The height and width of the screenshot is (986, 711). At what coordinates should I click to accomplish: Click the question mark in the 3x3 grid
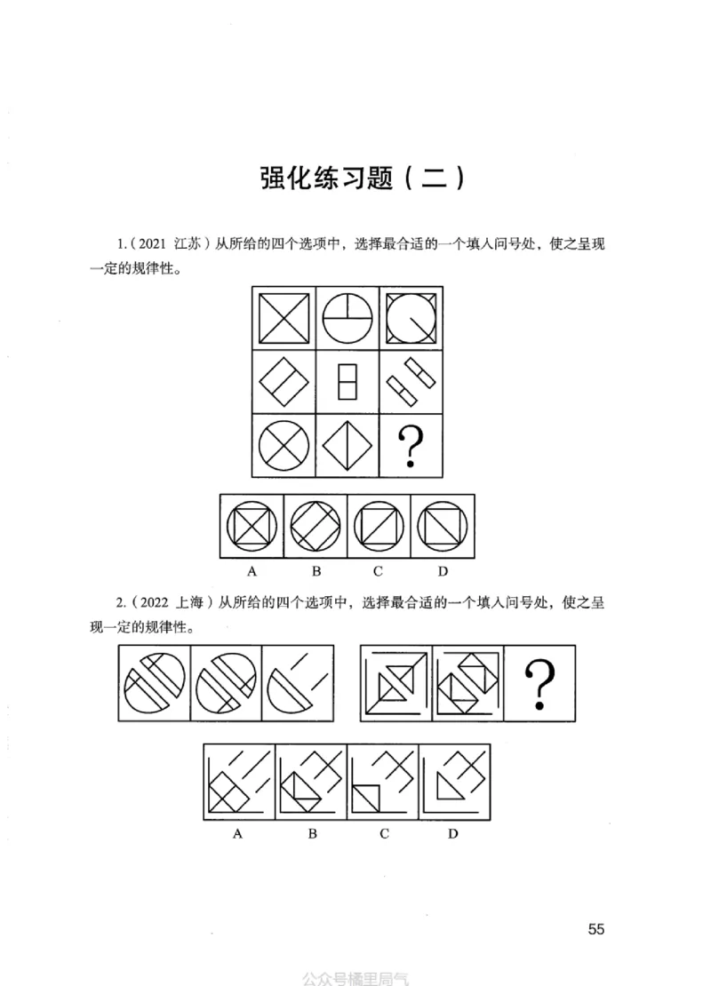tap(409, 447)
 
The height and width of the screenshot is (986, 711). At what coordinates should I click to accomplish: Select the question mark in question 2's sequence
tap(539, 683)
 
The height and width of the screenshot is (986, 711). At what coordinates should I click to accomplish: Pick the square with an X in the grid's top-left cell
tap(284, 318)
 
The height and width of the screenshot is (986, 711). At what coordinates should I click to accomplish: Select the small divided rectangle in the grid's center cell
tap(347, 383)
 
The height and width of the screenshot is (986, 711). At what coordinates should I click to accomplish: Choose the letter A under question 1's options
tap(252, 570)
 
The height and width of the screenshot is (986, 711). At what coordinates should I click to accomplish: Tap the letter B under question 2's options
tap(313, 834)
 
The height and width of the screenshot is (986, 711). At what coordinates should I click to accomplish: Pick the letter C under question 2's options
tap(383, 834)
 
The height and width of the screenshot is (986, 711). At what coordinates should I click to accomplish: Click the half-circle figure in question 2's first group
tap(298, 683)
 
